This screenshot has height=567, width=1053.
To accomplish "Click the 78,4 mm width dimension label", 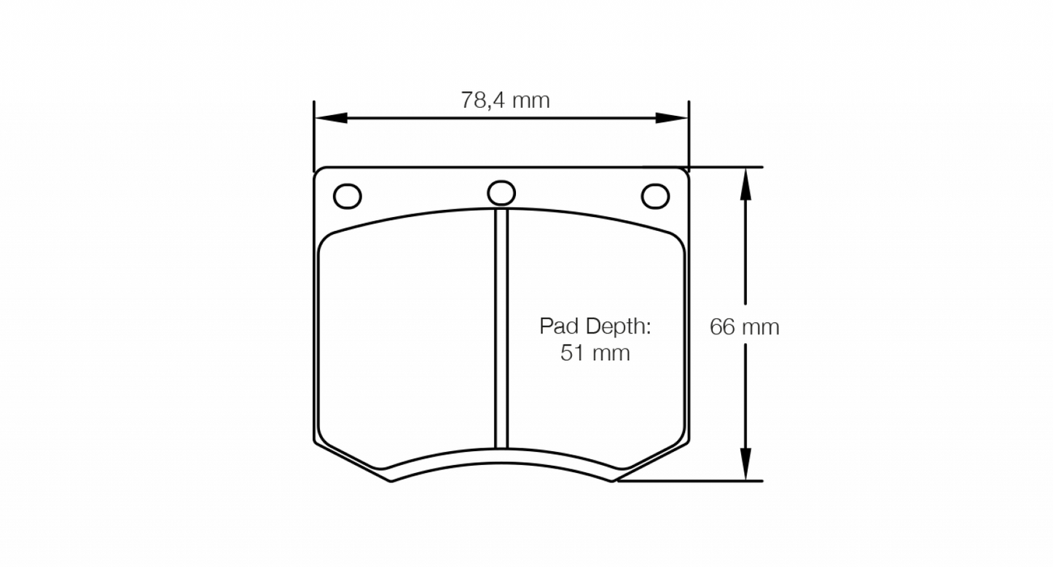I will (505, 100).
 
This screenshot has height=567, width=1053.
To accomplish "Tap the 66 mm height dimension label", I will (744, 327).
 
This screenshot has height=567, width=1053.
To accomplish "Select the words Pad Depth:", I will (595, 326).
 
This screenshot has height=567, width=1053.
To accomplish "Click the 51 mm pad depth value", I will (595, 353).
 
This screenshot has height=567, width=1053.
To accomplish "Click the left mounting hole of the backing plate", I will (347, 195).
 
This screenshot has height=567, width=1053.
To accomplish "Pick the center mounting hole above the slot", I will (501, 192).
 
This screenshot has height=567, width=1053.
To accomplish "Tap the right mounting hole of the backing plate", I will (655, 195).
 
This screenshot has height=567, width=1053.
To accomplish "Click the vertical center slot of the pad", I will (501, 328).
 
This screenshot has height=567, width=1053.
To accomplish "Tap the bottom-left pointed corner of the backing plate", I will (391, 481).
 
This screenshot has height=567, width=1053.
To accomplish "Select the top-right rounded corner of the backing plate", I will (684, 172).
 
